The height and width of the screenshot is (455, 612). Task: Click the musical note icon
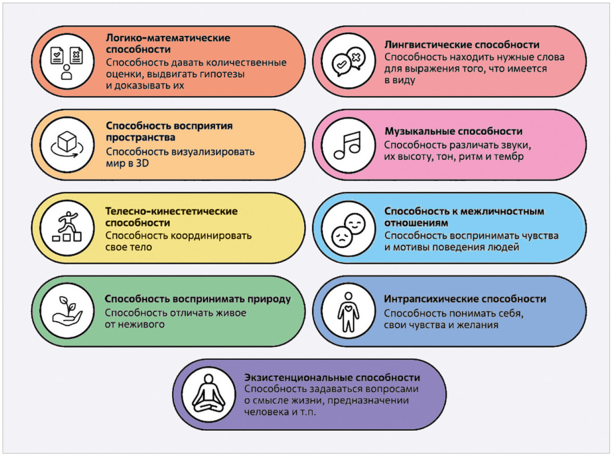(x=347, y=145)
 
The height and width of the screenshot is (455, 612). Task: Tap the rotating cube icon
(x=67, y=145)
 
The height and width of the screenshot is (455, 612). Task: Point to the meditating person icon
(x=208, y=394)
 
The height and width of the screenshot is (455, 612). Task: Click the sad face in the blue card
(x=342, y=237)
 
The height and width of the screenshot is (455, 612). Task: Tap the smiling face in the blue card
(x=355, y=224)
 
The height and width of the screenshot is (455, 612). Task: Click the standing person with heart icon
(x=349, y=312)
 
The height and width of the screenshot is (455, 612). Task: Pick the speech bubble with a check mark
(x=342, y=66)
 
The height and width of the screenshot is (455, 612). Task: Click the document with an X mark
(x=77, y=55)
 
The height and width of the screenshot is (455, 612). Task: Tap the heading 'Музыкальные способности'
(x=453, y=131)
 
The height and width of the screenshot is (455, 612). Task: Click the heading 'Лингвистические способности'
(x=462, y=45)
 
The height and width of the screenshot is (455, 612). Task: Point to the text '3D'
(x=142, y=163)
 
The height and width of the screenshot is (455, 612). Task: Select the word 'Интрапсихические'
(x=431, y=299)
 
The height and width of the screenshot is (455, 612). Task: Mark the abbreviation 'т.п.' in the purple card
(x=308, y=412)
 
